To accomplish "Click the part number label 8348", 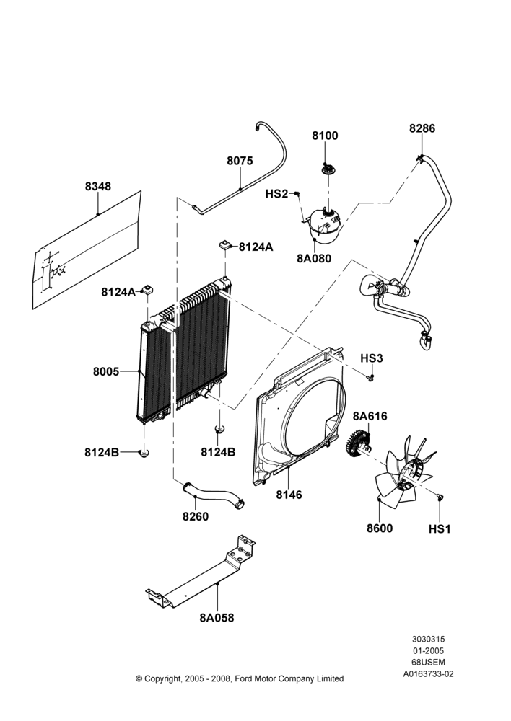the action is point(98,186).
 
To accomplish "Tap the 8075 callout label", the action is point(240,161).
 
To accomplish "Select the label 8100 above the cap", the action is point(325,136).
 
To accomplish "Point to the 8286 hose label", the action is point(422,128).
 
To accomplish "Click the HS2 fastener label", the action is point(276,194).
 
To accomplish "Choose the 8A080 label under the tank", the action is point(314,258).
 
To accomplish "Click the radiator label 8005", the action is point(106,371).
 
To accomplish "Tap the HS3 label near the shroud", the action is point(372,358).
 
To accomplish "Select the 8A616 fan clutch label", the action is point(370,416).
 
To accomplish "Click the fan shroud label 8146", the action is point(289,495).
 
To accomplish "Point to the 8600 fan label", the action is point(380,528).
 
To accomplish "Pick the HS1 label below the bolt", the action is point(440,529).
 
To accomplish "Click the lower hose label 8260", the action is point(196,516).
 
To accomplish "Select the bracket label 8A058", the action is point(217,618).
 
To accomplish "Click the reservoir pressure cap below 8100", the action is point(328,169).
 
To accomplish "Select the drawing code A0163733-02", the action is point(429,674).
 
